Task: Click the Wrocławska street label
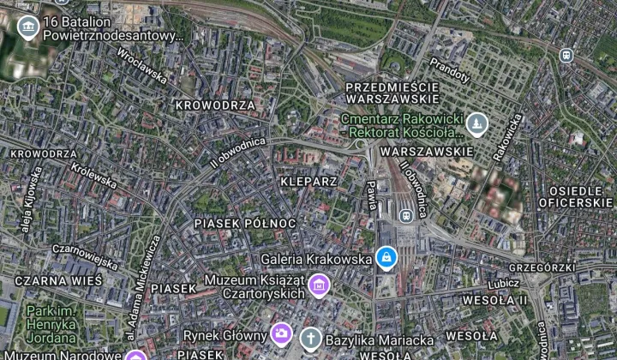pyautogui.click(x=142, y=64)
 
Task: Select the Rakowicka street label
pyautogui.click(x=506, y=137)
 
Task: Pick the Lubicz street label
pyautogui.click(x=504, y=282)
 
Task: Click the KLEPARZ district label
pyautogui.click(x=308, y=182)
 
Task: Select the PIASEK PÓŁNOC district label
pyautogui.click(x=245, y=223)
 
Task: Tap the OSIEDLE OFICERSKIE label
pyautogui.click(x=575, y=196)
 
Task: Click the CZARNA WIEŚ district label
pyautogui.click(x=58, y=280)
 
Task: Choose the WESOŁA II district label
pyautogui.click(x=494, y=300)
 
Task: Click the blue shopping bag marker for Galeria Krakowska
pyautogui.click(x=386, y=256)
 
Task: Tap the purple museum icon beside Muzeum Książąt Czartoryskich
pyautogui.click(x=319, y=285)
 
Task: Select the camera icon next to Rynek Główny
pyautogui.click(x=280, y=333)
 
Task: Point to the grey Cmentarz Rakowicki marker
pyautogui.click(x=476, y=126)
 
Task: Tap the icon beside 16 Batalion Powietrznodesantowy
pyautogui.click(x=27, y=27)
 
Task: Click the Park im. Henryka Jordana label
pyautogui.click(x=52, y=318)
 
